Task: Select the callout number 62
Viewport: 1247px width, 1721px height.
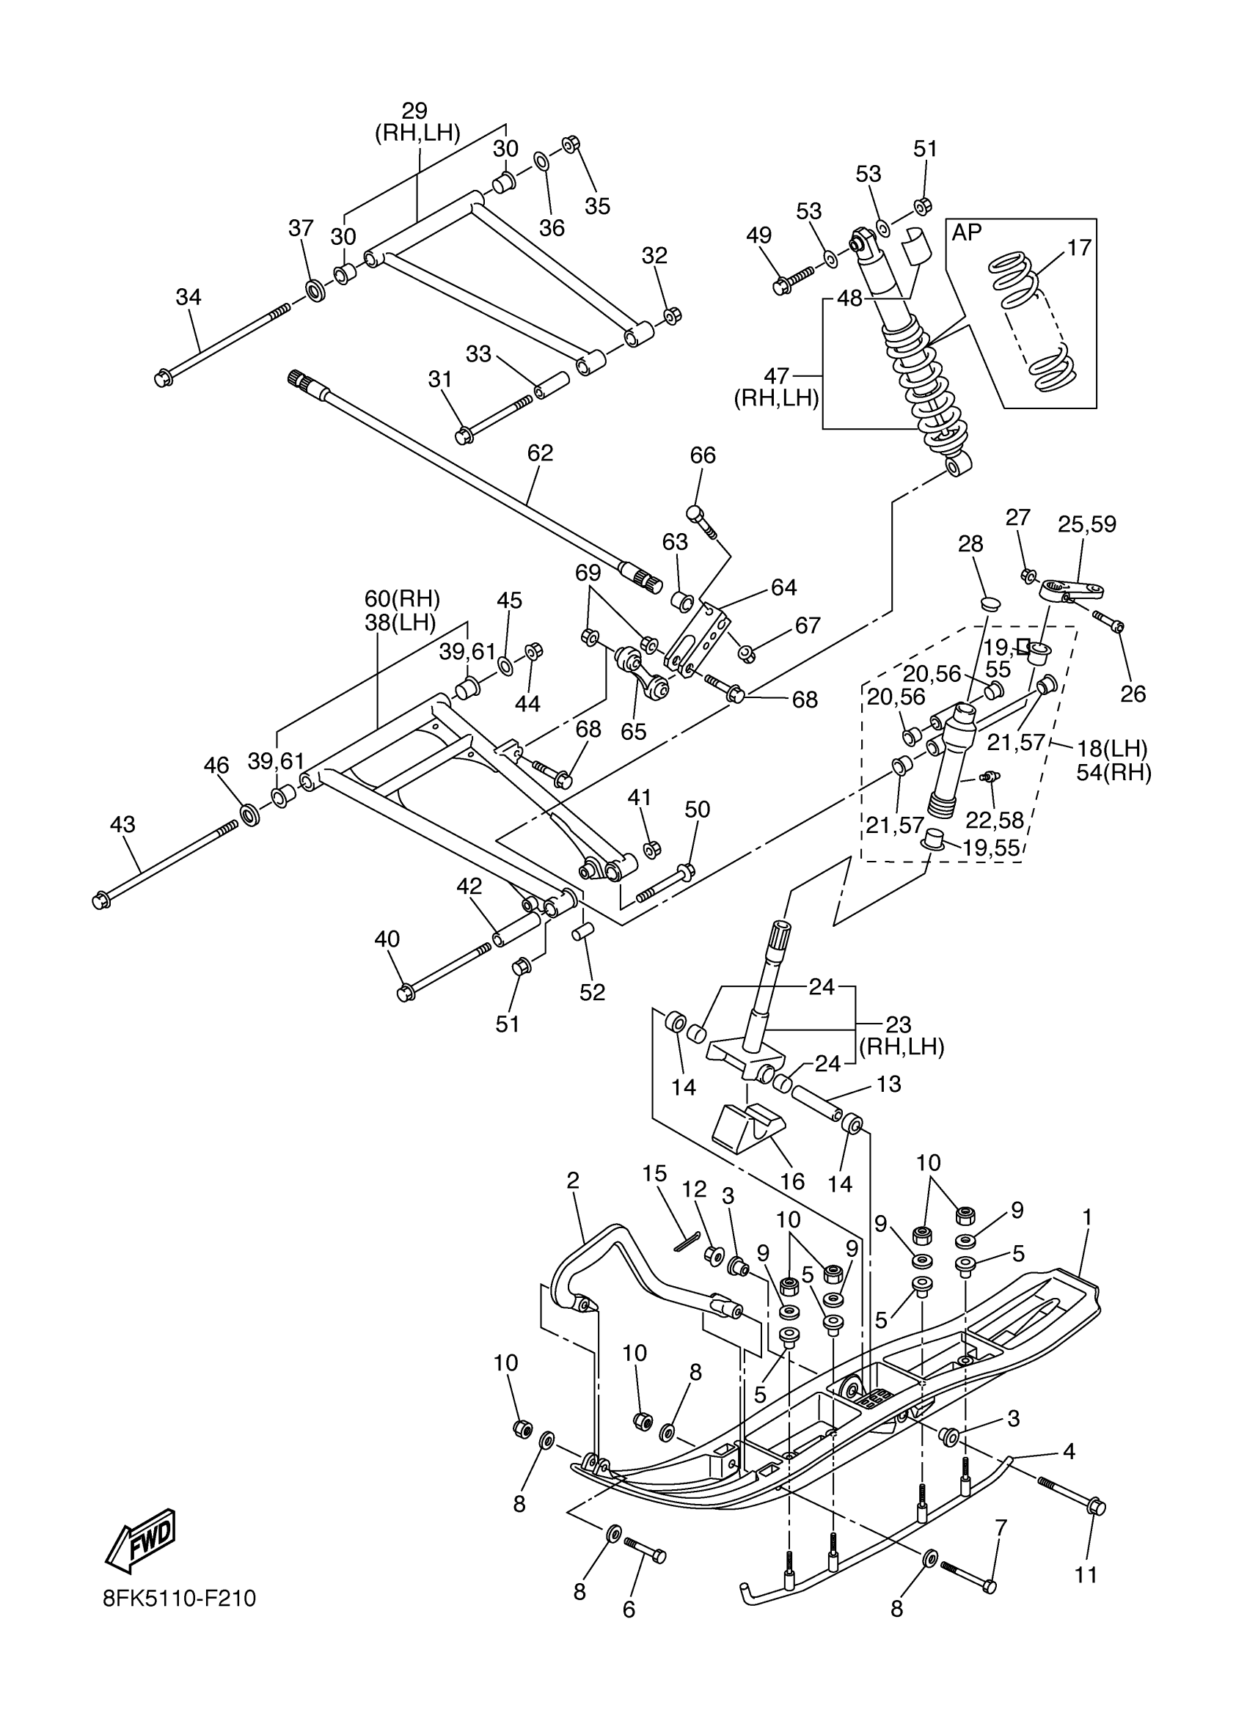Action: tap(541, 453)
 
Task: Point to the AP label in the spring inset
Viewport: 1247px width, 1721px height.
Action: tap(967, 233)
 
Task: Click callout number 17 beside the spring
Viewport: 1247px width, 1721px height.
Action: tap(1079, 247)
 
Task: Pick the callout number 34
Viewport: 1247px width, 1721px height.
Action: tap(189, 297)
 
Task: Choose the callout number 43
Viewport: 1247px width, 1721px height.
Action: tap(123, 824)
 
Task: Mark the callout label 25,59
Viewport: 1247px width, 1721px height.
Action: tap(1088, 524)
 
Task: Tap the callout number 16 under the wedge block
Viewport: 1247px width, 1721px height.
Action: tap(792, 1181)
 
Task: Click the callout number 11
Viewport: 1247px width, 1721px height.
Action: tap(1086, 1575)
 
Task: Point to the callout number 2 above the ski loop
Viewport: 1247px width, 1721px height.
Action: tap(573, 1180)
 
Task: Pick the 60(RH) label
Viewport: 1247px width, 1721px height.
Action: tap(402, 598)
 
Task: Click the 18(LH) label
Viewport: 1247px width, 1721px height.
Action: tap(1112, 749)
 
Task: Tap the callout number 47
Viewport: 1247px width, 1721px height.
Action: tap(778, 375)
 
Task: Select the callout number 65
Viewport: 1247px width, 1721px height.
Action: tap(634, 732)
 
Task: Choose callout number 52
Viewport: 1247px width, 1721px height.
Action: tap(593, 993)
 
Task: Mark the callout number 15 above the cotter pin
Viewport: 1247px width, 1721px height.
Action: tap(654, 1174)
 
